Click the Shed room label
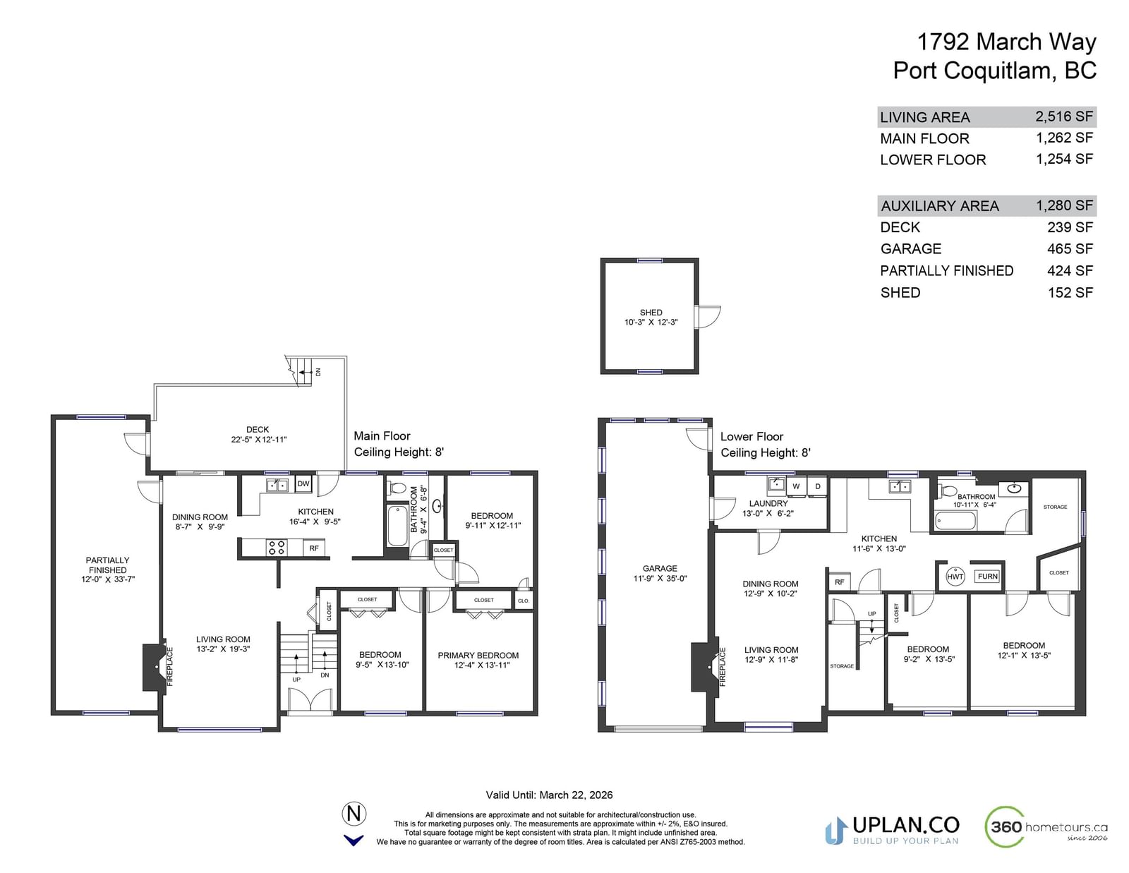651,313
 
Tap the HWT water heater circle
955,577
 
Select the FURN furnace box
987,577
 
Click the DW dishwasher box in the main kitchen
303,484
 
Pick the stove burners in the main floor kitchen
276,547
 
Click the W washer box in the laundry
796,486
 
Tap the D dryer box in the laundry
818,486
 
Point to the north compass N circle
354,813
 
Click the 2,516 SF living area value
1064,116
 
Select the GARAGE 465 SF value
1070,249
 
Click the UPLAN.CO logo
892,831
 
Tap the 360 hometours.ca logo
1046,826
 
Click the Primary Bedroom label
478,655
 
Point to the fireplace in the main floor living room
155,668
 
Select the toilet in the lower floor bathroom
949,491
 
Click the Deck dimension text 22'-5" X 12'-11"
259,440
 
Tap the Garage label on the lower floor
660,569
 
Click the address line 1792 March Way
1006,42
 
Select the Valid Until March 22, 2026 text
549,795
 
